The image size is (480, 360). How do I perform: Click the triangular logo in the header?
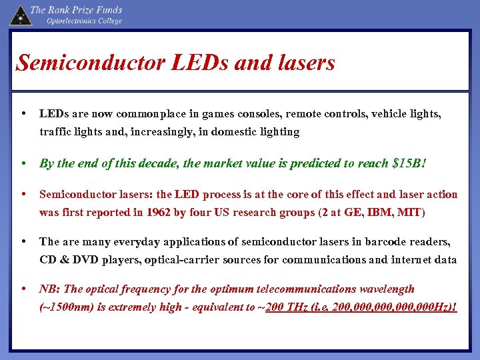point(20,14)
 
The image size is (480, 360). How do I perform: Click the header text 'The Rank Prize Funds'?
point(77,10)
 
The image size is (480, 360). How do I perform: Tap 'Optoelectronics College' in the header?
point(84,21)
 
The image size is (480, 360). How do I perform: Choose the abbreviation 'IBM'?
point(380,213)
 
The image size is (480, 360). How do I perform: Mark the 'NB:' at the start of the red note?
point(50,289)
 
